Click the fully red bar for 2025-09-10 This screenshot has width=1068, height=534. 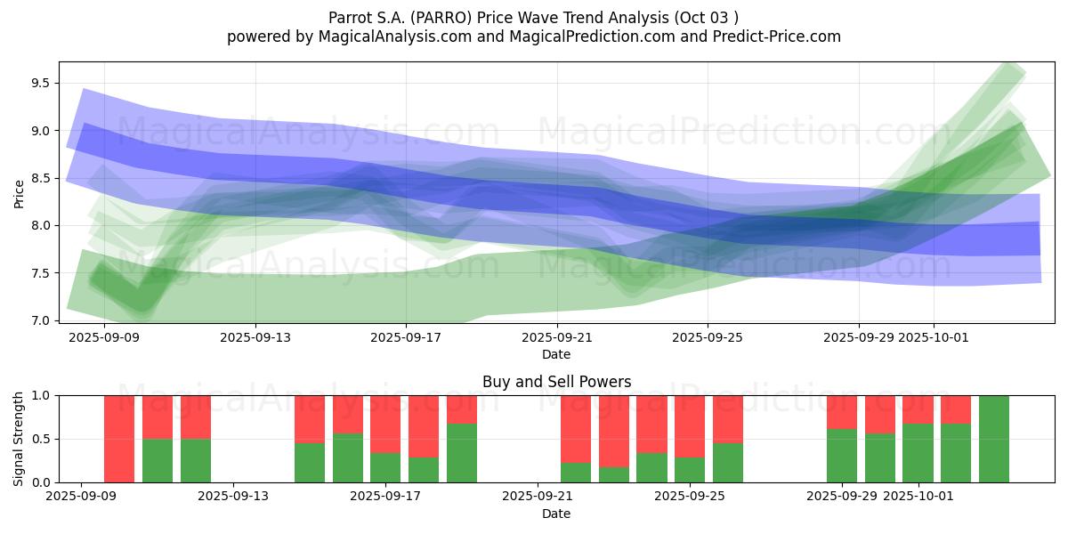(119, 439)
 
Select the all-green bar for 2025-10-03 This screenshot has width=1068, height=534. (994, 439)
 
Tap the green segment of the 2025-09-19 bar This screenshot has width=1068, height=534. (462, 453)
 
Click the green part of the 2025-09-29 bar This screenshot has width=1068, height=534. (842, 456)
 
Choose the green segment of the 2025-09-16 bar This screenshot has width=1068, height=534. (348, 458)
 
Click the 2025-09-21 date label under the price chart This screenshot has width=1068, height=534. (556, 337)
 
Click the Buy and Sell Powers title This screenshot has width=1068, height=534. (556, 382)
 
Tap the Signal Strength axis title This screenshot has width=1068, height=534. (19, 439)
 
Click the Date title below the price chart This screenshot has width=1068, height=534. (556, 354)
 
